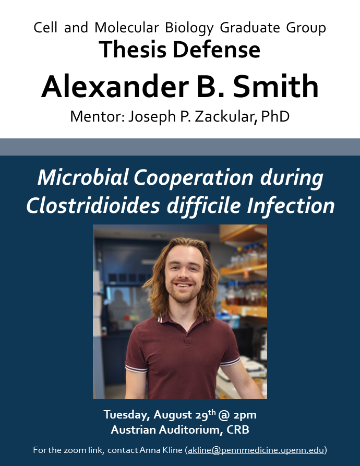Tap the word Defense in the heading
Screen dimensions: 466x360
215,50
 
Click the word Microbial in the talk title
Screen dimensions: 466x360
82,179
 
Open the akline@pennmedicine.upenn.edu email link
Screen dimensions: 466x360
256,450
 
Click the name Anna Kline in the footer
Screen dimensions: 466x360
162,450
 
